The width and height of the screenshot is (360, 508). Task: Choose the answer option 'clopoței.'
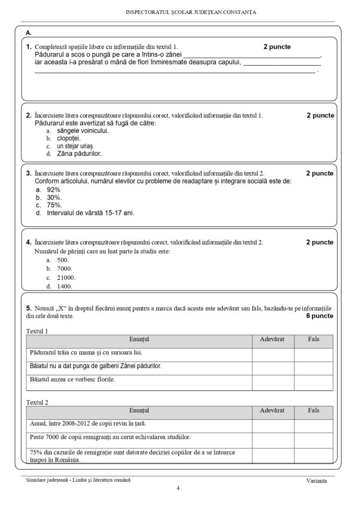[x=69, y=138]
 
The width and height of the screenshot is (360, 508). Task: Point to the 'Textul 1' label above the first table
[x=37, y=331]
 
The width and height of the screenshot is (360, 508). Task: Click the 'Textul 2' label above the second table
[x=37, y=402]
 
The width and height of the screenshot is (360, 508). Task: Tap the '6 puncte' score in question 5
[x=320, y=316]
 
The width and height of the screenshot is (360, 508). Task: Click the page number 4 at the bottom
[x=178, y=489]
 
